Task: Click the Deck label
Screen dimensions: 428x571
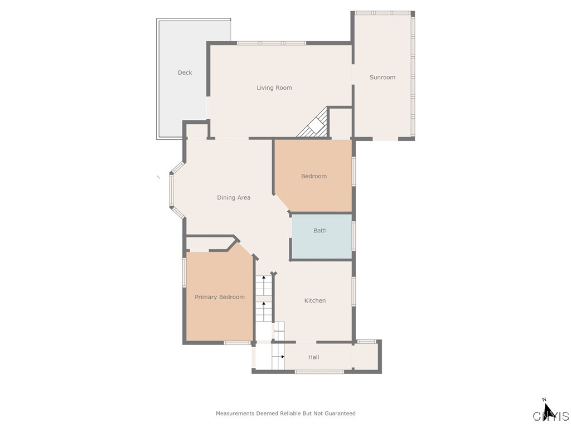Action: [x=185, y=72]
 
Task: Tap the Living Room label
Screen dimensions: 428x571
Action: [x=274, y=87]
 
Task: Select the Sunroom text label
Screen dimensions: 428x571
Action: [x=383, y=77]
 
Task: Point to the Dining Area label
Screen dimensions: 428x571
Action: [x=234, y=197]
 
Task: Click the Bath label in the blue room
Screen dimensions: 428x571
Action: [x=320, y=230]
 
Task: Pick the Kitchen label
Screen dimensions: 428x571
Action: [x=314, y=300]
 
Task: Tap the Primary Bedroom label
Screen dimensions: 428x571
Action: [x=219, y=297]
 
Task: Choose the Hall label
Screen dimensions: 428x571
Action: [x=314, y=357]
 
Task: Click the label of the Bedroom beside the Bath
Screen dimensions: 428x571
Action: [x=314, y=176]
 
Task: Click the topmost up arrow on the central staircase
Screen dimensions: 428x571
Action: [x=264, y=278]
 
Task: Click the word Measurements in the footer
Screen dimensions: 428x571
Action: [x=235, y=414]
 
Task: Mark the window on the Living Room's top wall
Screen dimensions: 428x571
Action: [x=271, y=43]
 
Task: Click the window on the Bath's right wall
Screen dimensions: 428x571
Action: [x=354, y=235]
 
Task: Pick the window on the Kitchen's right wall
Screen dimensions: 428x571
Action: [x=354, y=291]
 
